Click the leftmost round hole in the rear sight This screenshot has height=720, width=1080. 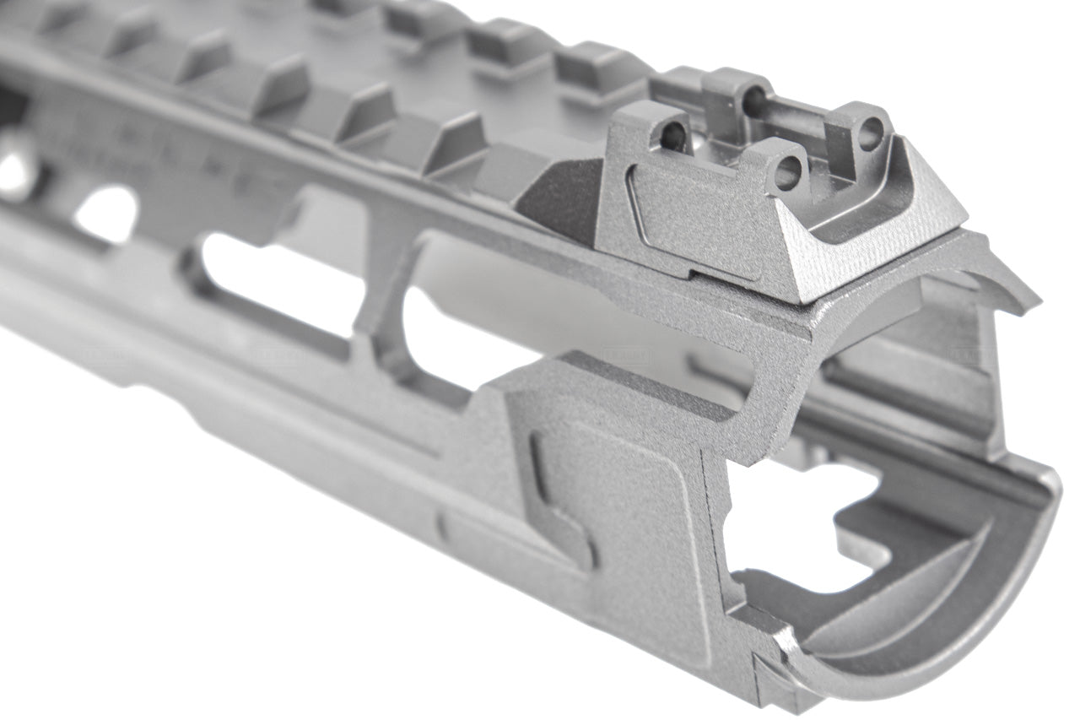pos(673,134)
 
